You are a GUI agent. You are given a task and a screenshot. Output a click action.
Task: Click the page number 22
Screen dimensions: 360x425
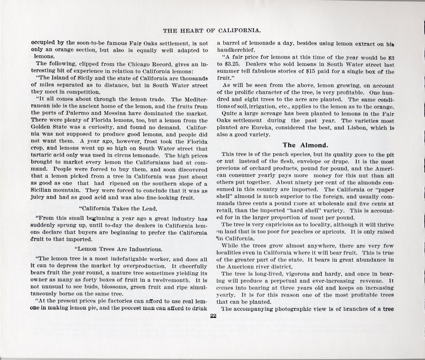pos(212,316)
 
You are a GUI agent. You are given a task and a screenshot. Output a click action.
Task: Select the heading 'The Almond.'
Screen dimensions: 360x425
pos(305,145)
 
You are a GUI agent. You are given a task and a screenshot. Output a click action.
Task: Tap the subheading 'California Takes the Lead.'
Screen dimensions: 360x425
pos(118,208)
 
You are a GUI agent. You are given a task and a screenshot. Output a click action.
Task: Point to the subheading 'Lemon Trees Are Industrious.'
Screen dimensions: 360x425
pos(118,249)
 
